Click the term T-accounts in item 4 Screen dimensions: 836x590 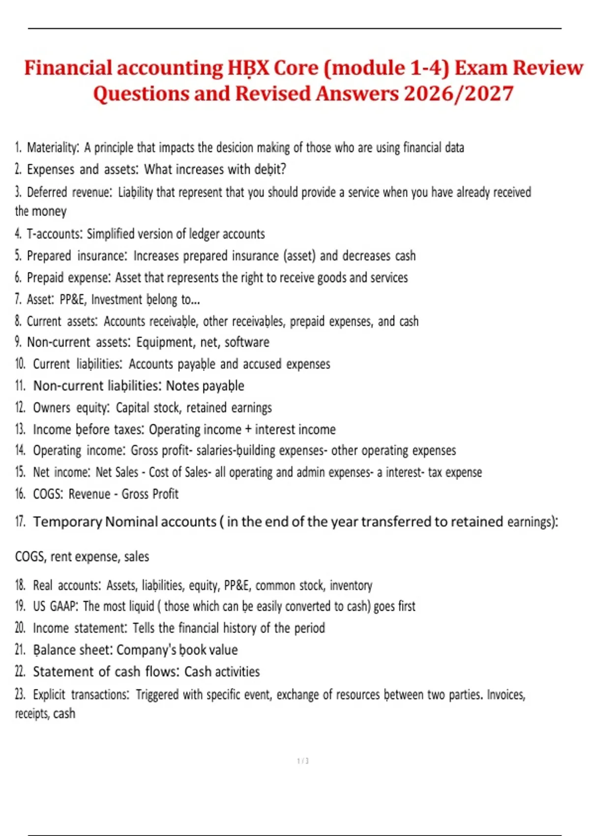[x=54, y=234]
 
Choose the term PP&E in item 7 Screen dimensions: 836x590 [x=73, y=299]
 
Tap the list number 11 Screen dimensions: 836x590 [x=20, y=386]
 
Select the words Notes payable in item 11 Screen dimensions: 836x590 [x=205, y=386]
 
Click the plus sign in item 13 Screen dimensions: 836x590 [x=248, y=429]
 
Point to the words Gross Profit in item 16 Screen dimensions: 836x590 [x=150, y=494]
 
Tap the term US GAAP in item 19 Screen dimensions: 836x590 [x=55, y=606]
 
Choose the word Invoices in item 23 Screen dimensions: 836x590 [x=506, y=694]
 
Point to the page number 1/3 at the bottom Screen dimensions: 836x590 [x=303, y=761]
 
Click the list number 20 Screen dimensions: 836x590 [x=20, y=628]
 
